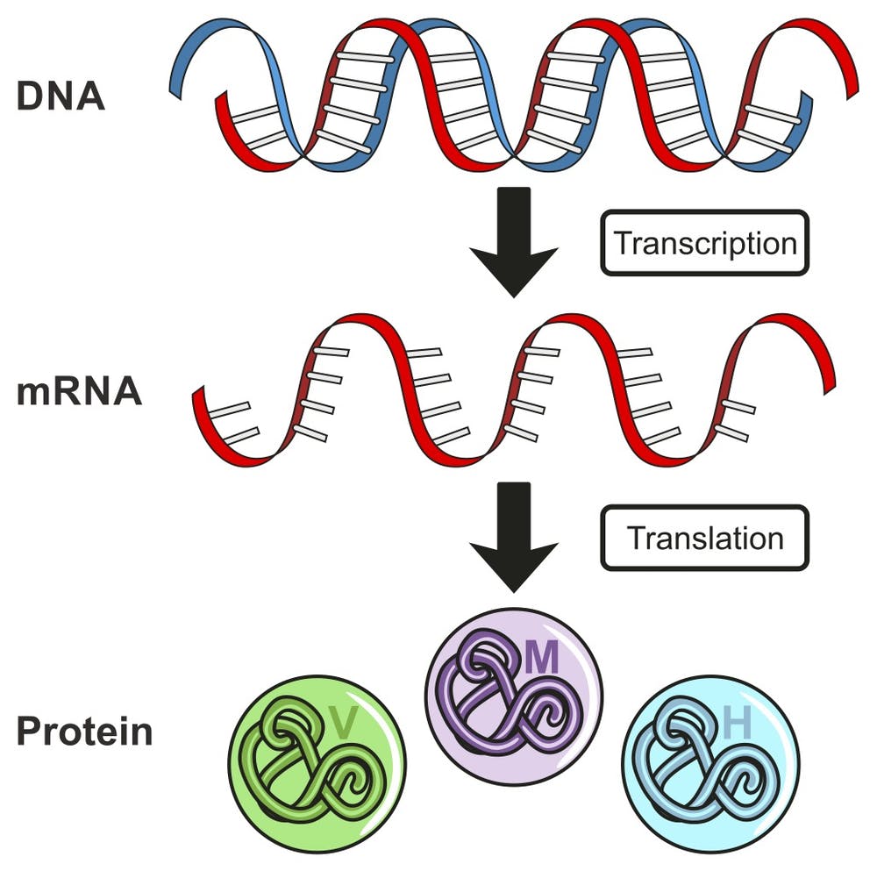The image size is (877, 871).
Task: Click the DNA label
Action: pos(61,96)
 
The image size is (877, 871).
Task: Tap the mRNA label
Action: pos(79,391)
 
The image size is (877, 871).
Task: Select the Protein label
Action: pos(84,731)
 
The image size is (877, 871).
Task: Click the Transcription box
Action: pos(704,242)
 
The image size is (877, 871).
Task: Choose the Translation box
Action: pos(704,537)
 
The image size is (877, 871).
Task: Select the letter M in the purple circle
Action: pos(542,658)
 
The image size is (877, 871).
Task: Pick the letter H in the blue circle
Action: pos(738,725)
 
